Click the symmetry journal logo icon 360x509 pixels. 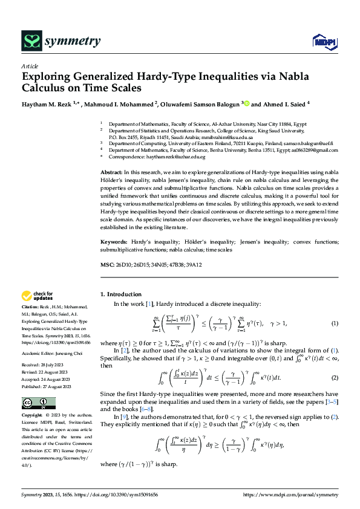pyautogui.click(x=32, y=41)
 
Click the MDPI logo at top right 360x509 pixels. pyautogui.click(x=324, y=41)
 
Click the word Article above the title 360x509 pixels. pyautogui.click(x=30, y=66)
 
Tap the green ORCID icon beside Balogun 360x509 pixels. pyautogui.click(x=246, y=104)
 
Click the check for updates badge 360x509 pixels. pyautogui.click(x=38, y=296)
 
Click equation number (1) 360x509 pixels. pyautogui.click(x=335, y=324)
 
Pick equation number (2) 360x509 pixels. pyautogui.click(x=335, y=377)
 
